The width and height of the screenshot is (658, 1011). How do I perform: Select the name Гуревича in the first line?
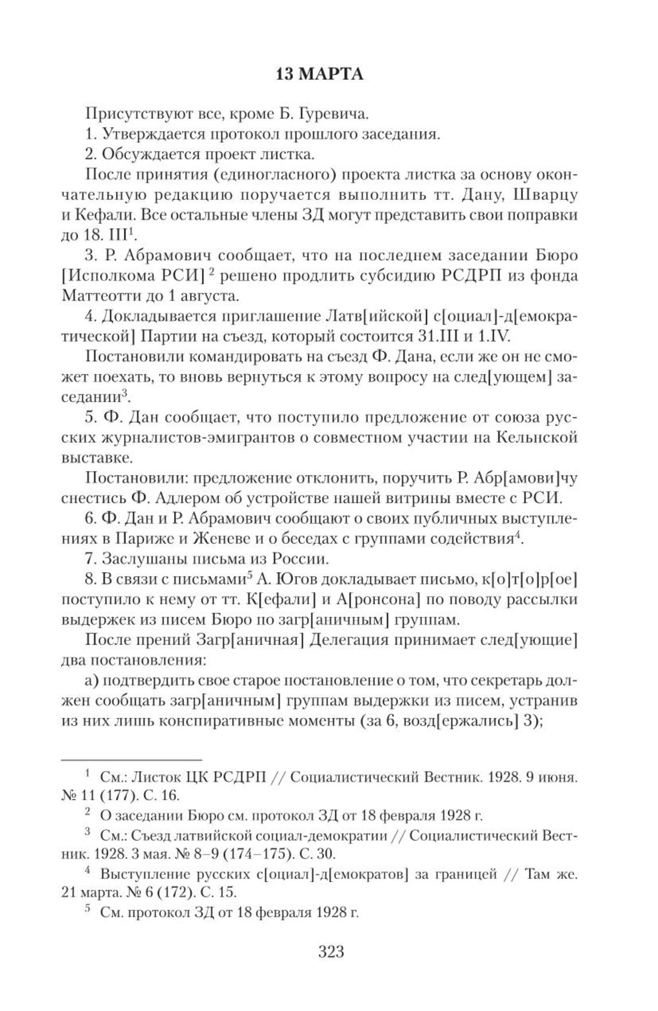tap(335, 114)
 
